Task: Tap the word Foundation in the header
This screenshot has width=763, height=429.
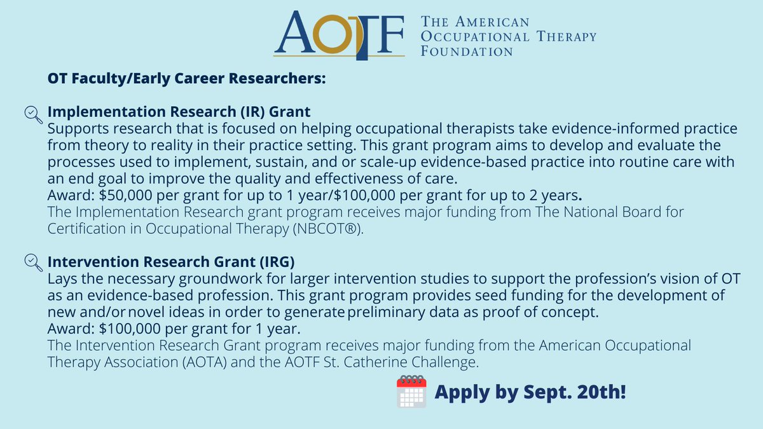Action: pos(467,51)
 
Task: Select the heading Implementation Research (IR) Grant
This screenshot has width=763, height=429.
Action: pos(179,112)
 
